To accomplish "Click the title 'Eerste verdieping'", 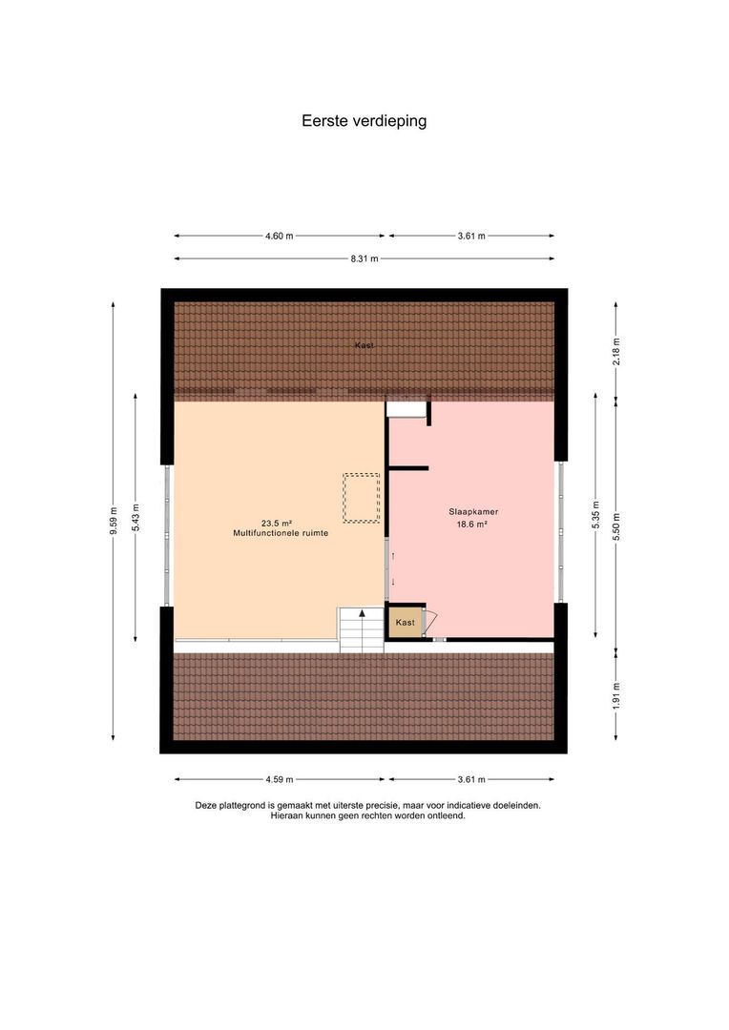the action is click(x=364, y=121).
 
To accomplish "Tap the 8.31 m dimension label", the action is click(x=364, y=258).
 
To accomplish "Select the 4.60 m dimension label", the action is click(x=280, y=236).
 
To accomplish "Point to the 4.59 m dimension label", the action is click(x=280, y=780).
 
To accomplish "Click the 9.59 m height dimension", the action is click(x=113, y=521).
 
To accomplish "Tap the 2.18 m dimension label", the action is click(x=616, y=351).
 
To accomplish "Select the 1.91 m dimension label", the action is click(x=616, y=696).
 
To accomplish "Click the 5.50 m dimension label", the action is click(x=616, y=526).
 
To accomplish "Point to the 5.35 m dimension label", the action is click(x=595, y=516).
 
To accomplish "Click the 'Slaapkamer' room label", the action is click(x=473, y=512).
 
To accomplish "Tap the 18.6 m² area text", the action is click(x=472, y=525).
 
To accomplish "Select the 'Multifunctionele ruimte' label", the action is click(x=281, y=533).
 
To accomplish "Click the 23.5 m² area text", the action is click(x=276, y=524).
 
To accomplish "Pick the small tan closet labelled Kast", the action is click(x=405, y=622).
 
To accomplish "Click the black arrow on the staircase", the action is click(x=362, y=613).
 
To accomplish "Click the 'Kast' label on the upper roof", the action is click(x=364, y=345).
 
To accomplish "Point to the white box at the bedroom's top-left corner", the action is click(x=406, y=409).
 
